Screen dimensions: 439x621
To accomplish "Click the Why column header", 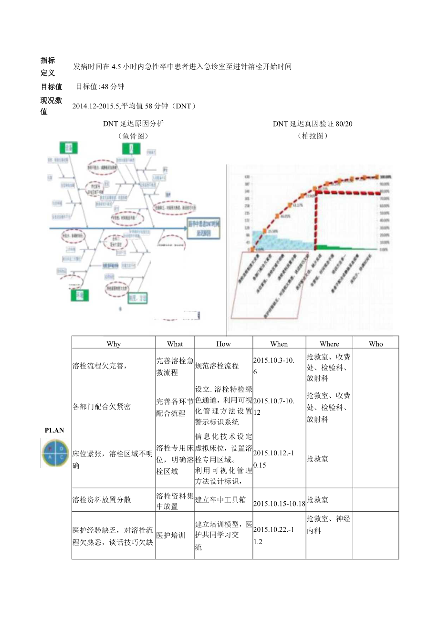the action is coord(114,344).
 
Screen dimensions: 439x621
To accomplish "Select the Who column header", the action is coord(376,344).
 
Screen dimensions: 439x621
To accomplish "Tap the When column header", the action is coord(279,344).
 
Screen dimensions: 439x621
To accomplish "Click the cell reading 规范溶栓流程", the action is coord(217,366).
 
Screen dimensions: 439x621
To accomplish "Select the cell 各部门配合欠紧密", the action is coord(101,407).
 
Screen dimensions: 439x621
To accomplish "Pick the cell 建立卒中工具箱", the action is coord(220,500).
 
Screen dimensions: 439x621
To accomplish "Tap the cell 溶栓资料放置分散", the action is coord(101,500).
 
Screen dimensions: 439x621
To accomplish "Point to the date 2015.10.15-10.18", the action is coord(279,504).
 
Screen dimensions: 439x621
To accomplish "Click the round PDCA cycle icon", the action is coord(55,453).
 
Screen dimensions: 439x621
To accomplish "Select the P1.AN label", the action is coord(54,430).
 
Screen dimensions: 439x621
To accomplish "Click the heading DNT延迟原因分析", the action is coord(133,124).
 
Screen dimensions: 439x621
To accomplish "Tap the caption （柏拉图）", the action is coord(313,136).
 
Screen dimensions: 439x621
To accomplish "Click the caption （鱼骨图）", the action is coord(133,136).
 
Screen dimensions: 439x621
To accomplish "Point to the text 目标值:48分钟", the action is coord(100,86).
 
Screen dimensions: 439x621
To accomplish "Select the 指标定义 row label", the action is coord(48,66).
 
